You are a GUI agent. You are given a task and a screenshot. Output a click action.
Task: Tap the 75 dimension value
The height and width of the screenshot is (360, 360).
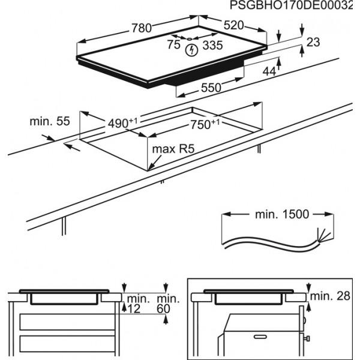point(173,45)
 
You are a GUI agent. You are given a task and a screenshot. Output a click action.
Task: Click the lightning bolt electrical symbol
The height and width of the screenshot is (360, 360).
point(191,50)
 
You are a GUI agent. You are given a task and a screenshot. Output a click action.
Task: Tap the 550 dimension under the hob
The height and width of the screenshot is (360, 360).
point(211,88)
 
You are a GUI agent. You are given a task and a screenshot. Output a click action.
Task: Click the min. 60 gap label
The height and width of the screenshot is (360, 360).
point(167,304)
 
